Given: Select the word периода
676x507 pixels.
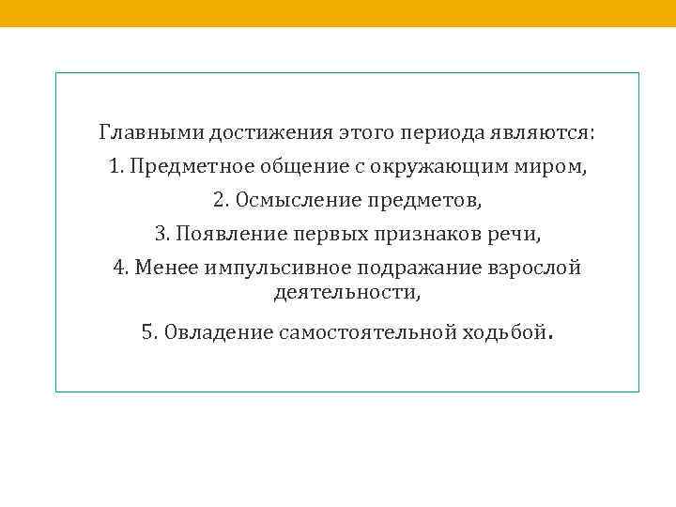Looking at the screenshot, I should (x=438, y=132).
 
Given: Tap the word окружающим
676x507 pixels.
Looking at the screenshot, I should (x=424, y=167).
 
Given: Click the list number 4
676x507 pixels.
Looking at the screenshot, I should (x=119, y=268).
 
